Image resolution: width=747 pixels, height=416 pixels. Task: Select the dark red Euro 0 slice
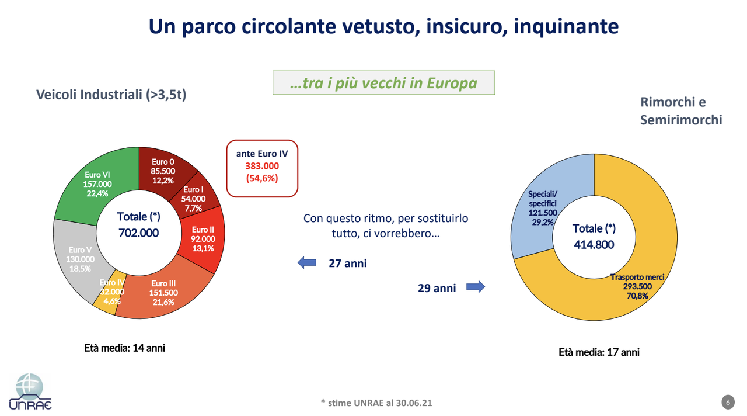point(163,171)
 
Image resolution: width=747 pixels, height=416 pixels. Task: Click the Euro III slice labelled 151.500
point(163,292)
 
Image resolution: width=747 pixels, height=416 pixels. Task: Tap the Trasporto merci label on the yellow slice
point(637,277)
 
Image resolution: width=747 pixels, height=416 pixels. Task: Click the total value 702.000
point(138,233)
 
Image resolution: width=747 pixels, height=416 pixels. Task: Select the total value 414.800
point(593,244)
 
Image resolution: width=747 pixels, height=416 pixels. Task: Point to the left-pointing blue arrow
point(307,263)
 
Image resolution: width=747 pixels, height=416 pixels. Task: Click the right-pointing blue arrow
point(475,287)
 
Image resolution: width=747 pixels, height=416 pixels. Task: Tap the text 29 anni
point(437,287)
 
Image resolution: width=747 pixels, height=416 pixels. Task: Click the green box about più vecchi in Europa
point(383,83)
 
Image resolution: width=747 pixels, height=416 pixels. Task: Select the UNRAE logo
point(30,391)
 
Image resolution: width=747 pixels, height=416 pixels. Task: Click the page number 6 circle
point(727,402)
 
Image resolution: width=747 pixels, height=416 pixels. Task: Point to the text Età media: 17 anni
point(599,352)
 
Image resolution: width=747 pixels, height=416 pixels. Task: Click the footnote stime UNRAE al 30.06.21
point(376,403)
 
